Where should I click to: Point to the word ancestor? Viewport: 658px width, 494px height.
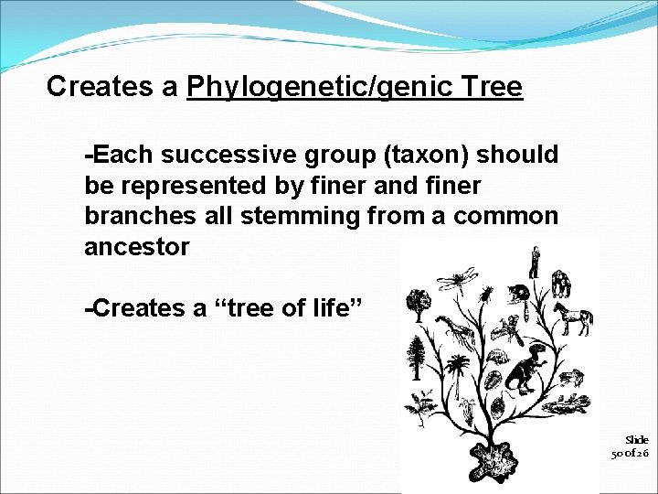click(x=137, y=246)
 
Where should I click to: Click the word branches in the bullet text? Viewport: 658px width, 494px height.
click(x=140, y=216)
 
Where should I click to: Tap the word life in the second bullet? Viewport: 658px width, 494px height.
click(x=325, y=308)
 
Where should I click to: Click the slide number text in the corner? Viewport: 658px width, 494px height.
click(x=631, y=446)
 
